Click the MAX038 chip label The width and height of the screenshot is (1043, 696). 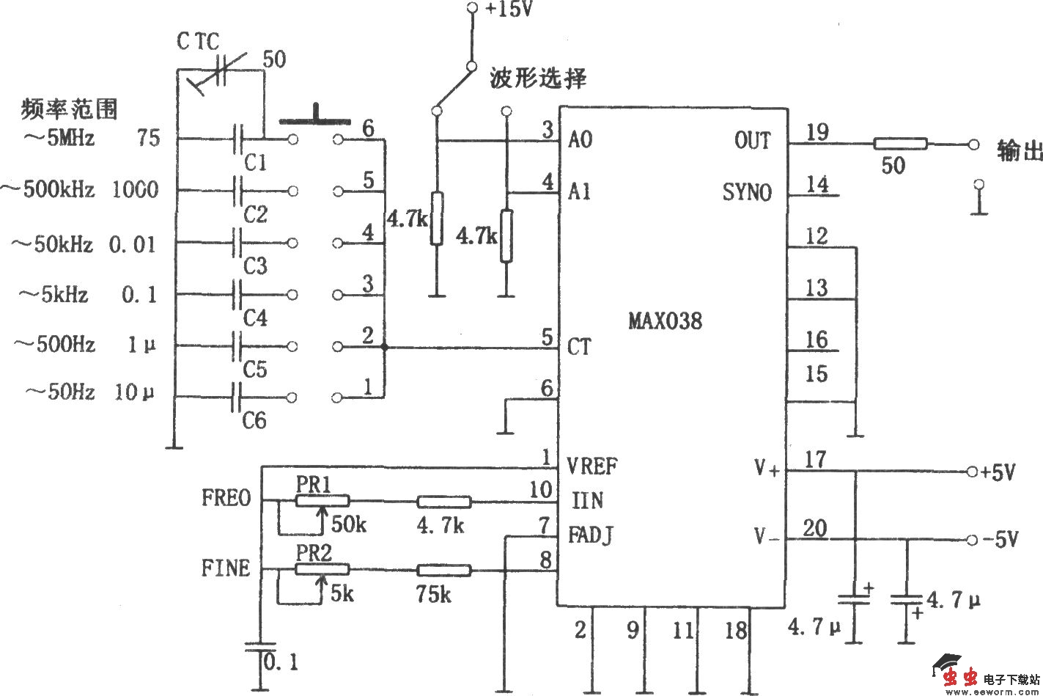click(x=664, y=320)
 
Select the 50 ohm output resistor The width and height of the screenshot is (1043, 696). click(x=899, y=144)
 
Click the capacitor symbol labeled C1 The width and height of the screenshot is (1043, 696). click(x=238, y=138)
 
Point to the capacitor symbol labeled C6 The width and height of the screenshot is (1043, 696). click(x=236, y=398)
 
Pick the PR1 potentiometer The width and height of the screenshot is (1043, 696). click(x=322, y=502)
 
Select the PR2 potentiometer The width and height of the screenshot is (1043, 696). click(x=322, y=569)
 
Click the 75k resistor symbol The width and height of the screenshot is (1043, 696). click(x=443, y=570)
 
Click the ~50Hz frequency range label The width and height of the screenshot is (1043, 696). click(x=60, y=392)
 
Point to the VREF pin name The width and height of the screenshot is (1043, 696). click(x=592, y=466)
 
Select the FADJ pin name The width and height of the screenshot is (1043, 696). click(x=590, y=535)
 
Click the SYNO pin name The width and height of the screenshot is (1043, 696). click(x=746, y=192)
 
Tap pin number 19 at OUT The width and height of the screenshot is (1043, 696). click(x=817, y=132)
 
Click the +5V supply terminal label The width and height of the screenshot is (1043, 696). click(x=998, y=472)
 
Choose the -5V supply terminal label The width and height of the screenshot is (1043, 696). click(x=1000, y=540)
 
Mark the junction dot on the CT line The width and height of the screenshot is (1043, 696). click(x=384, y=346)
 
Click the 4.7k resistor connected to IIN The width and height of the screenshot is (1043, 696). click(x=443, y=502)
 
